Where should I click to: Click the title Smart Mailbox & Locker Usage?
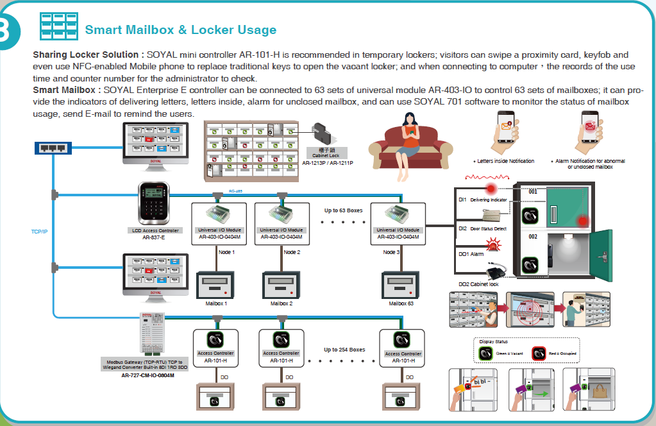click(x=180, y=30)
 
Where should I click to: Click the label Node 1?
click(x=227, y=252)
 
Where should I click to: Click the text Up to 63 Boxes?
click(x=343, y=210)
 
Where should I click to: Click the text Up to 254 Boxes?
click(x=344, y=350)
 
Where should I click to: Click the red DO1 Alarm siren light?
click(x=494, y=244)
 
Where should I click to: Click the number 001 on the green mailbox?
click(x=533, y=191)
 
